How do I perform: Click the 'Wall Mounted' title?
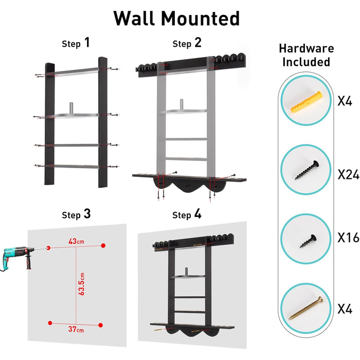(176, 19)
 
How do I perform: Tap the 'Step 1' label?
(76, 43)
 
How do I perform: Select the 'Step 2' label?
(187, 43)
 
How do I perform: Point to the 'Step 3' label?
(76, 214)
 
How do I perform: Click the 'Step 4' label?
(187, 214)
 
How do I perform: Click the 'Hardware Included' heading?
(306, 55)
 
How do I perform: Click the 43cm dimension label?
(76, 241)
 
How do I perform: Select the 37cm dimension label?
(76, 329)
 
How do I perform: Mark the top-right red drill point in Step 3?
(103, 246)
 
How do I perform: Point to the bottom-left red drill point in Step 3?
(50, 323)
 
